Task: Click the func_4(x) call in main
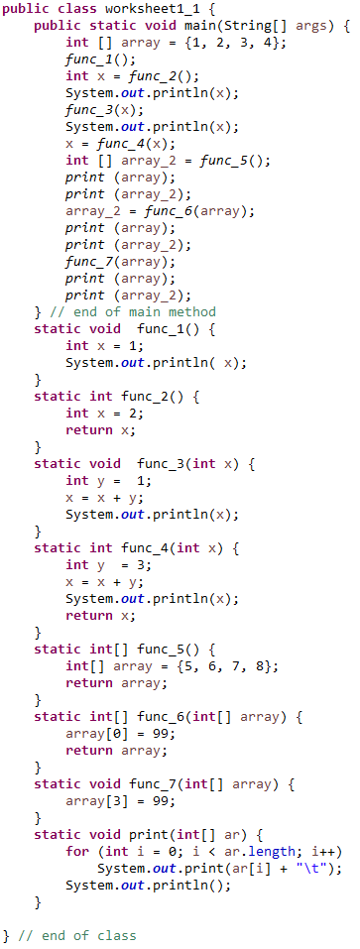(x=127, y=143)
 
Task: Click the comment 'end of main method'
(x=132, y=310)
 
